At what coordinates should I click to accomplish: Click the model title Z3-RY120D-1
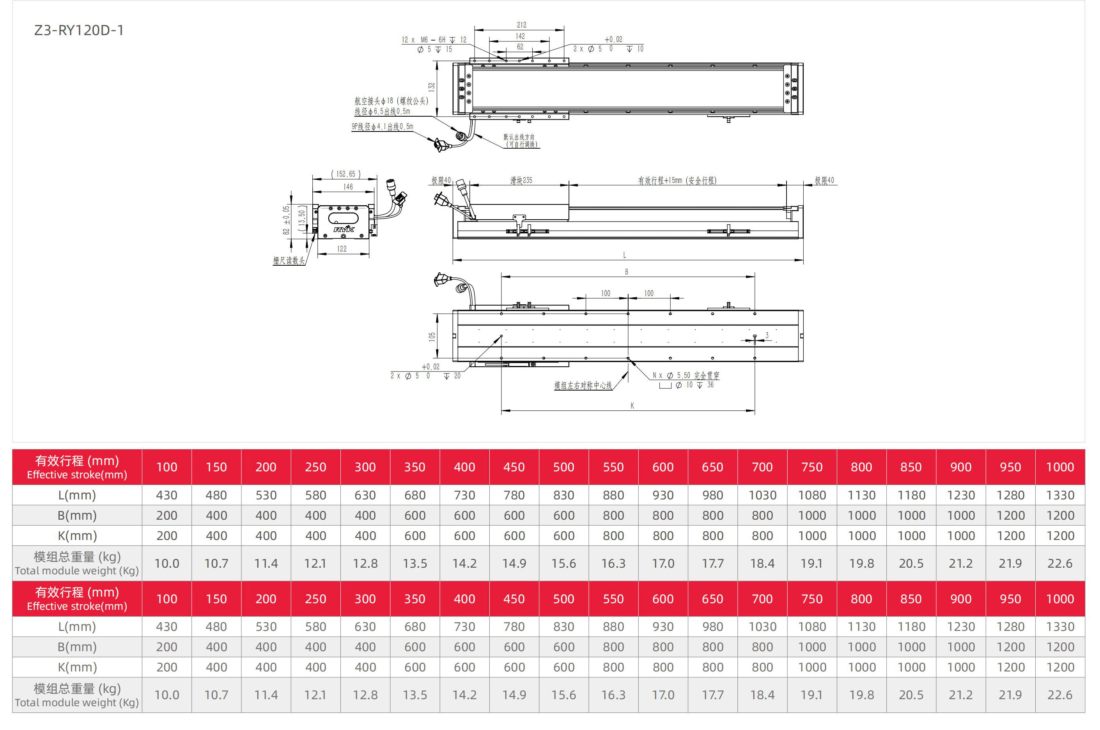[79, 30]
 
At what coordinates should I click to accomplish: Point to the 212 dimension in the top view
[521, 25]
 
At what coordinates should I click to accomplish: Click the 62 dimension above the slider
[520, 47]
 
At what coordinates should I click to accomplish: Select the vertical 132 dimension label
[432, 87]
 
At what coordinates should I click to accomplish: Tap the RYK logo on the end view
[344, 229]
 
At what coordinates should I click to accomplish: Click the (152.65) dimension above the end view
[345, 174]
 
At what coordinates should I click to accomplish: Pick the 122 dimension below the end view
[342, 249]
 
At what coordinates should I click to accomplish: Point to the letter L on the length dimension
[624, 255]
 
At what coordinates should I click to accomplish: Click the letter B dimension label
[626, 272]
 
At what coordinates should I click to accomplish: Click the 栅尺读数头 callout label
[289, 261]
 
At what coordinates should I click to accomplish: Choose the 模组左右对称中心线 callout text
[583, 385]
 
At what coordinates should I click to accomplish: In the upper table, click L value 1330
[1059, 496]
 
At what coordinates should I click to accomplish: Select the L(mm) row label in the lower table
[77, 627]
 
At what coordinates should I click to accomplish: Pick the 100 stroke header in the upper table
[167, 467]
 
